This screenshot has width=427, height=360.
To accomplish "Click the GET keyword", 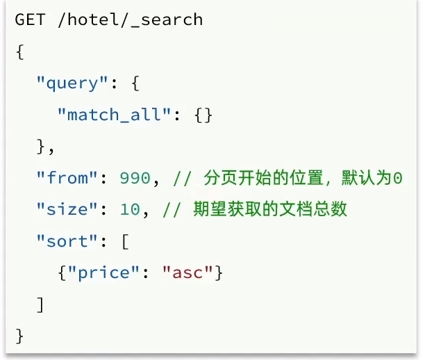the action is point(31,19).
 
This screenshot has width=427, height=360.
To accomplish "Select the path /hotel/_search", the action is point(131,19).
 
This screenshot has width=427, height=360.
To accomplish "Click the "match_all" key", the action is point(114,115).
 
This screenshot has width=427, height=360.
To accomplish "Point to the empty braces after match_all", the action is point(203,115).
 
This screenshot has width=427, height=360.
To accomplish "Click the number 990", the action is point(135,178).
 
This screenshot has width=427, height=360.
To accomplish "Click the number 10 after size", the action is point(130,209).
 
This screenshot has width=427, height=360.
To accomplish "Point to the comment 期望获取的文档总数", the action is point(270,209).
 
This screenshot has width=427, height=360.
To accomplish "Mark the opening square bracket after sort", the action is point(125,241).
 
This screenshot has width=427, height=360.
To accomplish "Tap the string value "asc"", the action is point(187,273).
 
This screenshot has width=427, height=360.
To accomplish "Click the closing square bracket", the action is point(40,304).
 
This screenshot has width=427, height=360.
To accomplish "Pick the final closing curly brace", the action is point(19,336).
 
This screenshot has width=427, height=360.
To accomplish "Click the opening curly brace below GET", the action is point(19,51).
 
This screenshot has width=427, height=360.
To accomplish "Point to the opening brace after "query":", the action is point(135,83).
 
